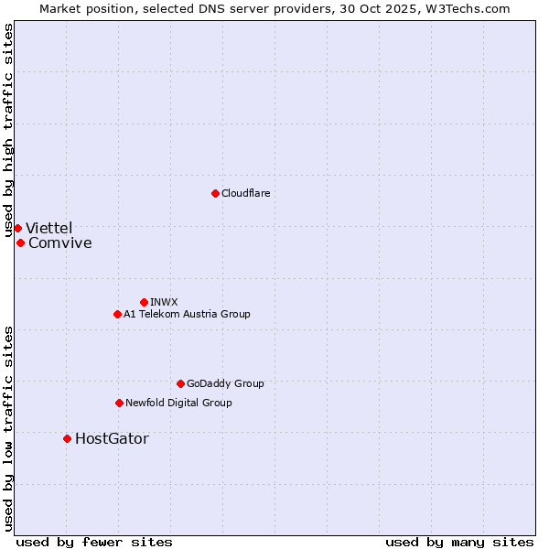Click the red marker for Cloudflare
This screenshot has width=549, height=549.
[x=215, y=193]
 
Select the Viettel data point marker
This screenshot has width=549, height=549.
[x=17, y=228]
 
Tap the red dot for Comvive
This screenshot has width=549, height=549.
[x=20, y=242]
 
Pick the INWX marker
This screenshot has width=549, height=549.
[x=144, y=302]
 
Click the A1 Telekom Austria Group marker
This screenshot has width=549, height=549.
[x=117, y=314]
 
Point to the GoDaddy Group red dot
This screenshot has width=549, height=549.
[x=180, y=383]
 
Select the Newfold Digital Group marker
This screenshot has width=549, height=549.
[x=119, y=403]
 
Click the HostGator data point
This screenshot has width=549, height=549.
[x=67, y=438]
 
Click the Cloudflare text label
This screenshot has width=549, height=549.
[x=246, y=193]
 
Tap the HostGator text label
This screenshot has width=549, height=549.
[x=112, y=438]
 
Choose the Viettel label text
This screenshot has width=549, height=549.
[x=48, y=228]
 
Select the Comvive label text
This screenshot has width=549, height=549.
[x=60, y=242]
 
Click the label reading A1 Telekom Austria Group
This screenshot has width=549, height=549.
[x=187, y=314]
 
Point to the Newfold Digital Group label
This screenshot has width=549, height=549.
[x=178, y=403]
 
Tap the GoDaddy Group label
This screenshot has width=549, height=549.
[x=225, y=383]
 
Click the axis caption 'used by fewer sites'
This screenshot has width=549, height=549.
[x=94, y=542]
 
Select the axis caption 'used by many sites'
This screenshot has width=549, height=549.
[x=459, y=542]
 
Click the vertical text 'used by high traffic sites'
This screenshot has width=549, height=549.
[x=8, y=130]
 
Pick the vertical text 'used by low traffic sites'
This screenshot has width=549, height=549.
[x=8, y=427]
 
